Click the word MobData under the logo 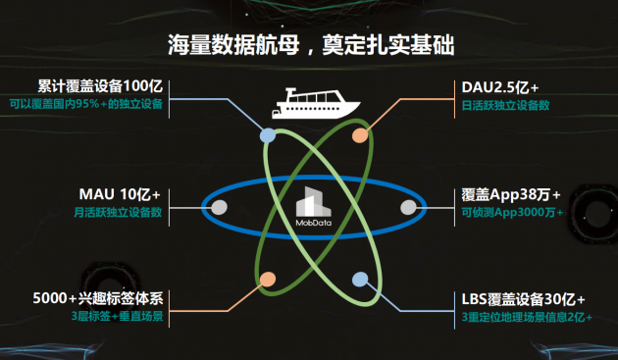tap(314, 223)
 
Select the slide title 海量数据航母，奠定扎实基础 tap(311, 44)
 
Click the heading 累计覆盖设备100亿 tap(100, 85)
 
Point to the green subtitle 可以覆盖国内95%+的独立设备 tap(86, 104)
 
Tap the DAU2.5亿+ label tap(499, 87)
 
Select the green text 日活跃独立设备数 tap(505, 105)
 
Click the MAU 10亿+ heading tap(120, 194)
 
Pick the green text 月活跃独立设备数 tap(118, 212)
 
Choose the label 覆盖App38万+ tap(511, 194)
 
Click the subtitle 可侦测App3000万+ tap(512, 212)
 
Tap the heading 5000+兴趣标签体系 tap(98, 298)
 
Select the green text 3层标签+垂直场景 tap(117, 316)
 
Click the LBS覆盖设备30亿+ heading tap(523, 299)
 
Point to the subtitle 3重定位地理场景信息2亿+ tap(527, 317)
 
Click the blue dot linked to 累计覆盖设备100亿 tap(268, 135)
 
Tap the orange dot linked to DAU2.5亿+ tap(360, 135)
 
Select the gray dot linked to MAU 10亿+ tap(220, 207)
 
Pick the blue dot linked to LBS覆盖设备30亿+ tap(360, 280)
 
